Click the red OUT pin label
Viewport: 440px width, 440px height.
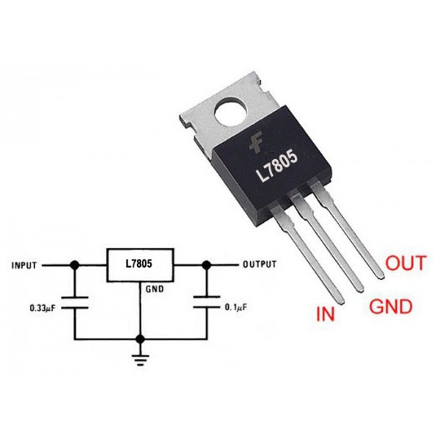[x=406, y=263]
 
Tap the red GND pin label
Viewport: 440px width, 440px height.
[x=391, y=306]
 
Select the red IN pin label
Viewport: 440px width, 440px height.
[x=326, y=314]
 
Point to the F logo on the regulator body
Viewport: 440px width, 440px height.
[x=256, y=144]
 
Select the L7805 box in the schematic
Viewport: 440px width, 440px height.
[x=140, y=265]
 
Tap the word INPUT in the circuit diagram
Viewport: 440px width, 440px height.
[x=24, y=265]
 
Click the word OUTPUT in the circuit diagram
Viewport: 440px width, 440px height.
[x=260, y=264]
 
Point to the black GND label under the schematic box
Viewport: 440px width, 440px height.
[x=155, y=289]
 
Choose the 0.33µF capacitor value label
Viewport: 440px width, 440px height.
[x=43, y=308]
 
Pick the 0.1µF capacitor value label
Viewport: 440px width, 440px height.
[x=236, y=307]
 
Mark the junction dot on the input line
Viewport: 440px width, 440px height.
[x=74, y=265]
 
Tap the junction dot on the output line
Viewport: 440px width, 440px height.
[x=207, y=265]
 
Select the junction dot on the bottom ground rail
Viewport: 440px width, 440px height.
[x=140, y=340]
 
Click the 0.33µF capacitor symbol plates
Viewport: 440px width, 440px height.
[x=75, y=302]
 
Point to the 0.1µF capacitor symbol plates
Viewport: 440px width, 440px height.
[x=207, y=301]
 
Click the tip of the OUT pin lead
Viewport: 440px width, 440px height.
[x=382, y=276]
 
